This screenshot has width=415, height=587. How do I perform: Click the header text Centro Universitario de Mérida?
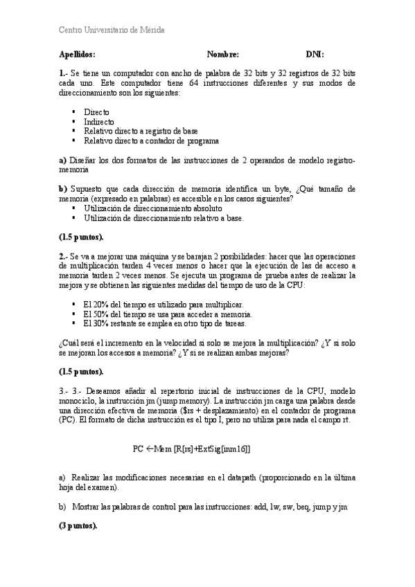111,30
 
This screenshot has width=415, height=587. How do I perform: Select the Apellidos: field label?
77,54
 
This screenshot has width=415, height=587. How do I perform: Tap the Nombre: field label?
222,54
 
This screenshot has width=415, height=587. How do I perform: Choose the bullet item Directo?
96,111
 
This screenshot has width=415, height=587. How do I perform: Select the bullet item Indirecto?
99,121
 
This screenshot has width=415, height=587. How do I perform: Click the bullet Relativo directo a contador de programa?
151,141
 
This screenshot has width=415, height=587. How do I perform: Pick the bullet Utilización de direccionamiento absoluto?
152,208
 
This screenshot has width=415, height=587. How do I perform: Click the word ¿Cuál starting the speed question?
70,342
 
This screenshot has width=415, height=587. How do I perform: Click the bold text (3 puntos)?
78,526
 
